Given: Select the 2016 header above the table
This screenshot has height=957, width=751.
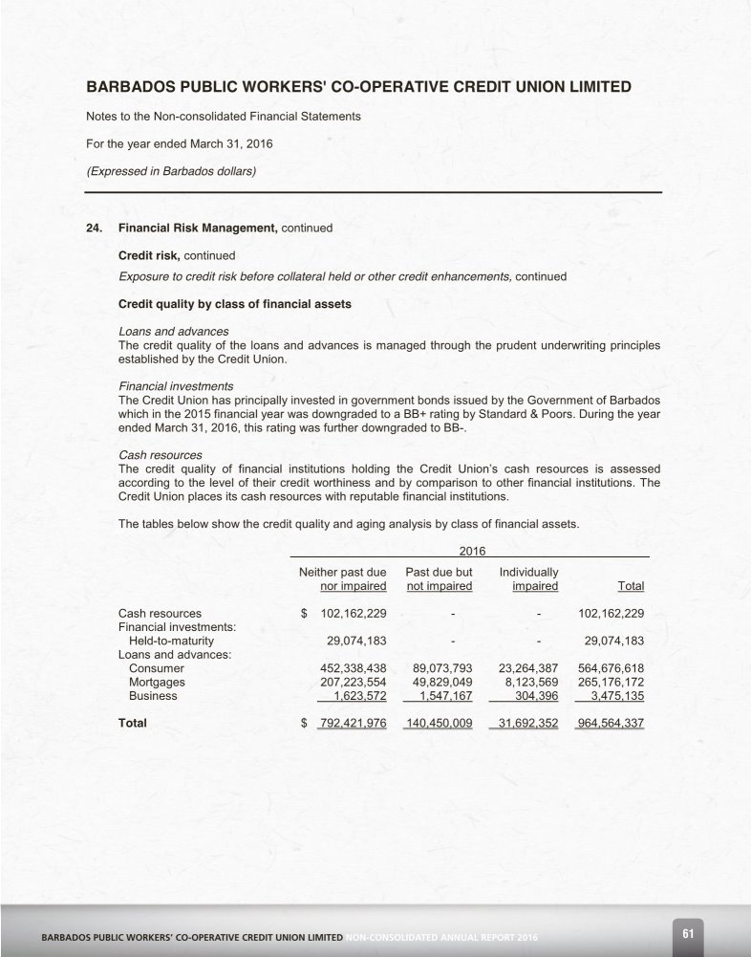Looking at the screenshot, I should [x=472, y=551].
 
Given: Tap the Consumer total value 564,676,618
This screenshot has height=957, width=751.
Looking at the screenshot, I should [x=611, y=668].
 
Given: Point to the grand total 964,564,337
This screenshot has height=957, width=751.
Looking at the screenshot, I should [x=611, y=723].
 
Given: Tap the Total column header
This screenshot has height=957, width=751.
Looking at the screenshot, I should [x=631, y=585].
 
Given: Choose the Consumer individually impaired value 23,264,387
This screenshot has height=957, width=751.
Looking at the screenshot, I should [x=528, y=668].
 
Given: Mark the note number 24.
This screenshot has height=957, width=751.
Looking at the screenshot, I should [x=94, y=228].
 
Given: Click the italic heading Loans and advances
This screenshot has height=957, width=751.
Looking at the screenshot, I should [x=173, y=332].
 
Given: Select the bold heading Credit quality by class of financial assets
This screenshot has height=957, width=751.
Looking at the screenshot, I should [x=235, y=304].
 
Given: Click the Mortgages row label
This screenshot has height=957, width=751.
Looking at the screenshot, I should [x=157, y=683].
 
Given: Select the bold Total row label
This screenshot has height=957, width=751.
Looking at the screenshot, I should [x=132, y=723].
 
